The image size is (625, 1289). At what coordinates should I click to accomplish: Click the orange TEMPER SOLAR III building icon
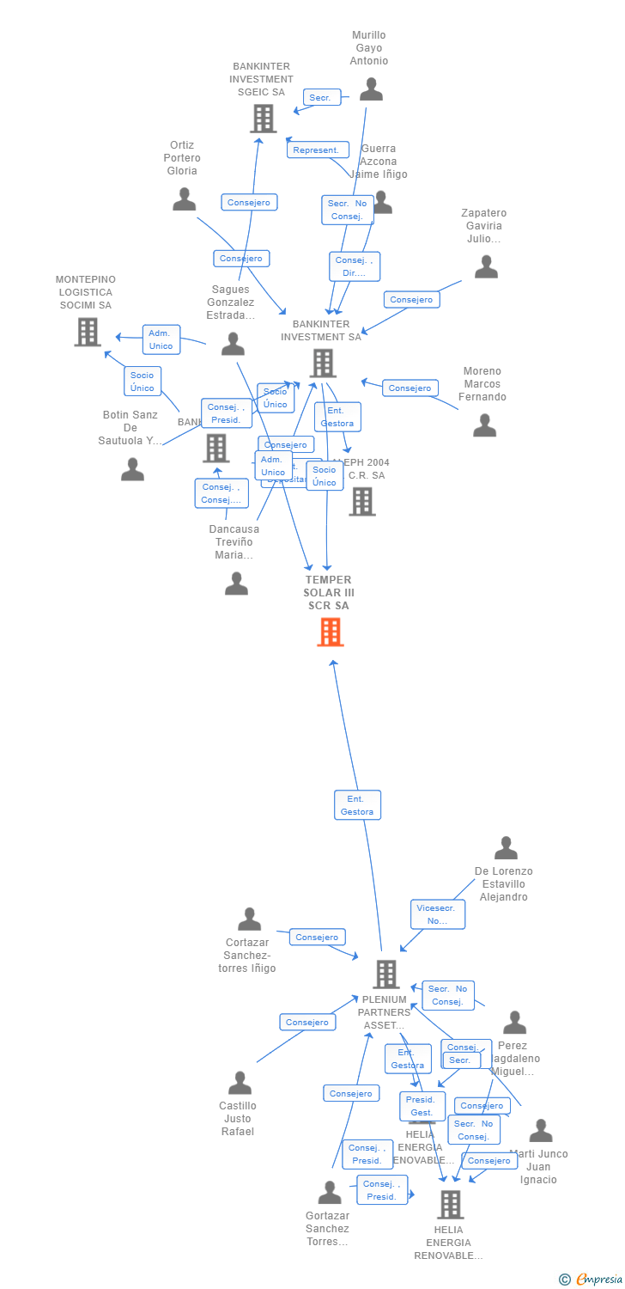tap(331, 632)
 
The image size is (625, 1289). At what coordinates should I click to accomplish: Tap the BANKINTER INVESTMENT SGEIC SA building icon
tap(263, 119)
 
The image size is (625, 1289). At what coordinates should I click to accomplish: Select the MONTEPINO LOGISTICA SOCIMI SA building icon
tap(87, 332)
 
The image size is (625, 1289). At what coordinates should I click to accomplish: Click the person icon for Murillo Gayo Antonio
tap(371, 89)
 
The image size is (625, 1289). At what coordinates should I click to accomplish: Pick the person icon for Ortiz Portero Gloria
tap(184, 199)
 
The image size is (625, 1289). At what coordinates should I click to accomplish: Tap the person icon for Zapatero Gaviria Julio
tap(486, 267)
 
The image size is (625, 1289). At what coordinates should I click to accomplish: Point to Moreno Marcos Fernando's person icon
tap(485, 425)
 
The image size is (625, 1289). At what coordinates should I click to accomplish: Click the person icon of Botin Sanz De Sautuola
tap(132, 469)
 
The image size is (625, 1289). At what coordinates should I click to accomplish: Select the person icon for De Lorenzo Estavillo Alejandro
tap(506, 848)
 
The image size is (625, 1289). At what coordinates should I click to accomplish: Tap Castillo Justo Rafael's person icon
tap(240, 1083)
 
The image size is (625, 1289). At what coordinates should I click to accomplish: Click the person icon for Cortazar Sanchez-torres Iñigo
tap(249, 919)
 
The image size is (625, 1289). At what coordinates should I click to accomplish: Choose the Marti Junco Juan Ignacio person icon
tap(541, 1131)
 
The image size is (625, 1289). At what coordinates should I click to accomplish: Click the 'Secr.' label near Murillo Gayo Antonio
tap(321, 98)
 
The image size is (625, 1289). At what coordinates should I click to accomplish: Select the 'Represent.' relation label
tap(317, 150)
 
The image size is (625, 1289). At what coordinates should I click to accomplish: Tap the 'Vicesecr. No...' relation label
tap(438, 914)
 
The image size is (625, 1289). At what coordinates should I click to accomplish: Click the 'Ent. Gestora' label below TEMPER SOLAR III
tap(357, 805)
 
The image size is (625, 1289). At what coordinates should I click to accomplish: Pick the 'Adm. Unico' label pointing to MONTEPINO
tap(161, 339)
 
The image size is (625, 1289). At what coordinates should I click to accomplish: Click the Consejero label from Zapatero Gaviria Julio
tap(411, 299)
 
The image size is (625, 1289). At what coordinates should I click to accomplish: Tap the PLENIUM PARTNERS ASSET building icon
tap(386, 974)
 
